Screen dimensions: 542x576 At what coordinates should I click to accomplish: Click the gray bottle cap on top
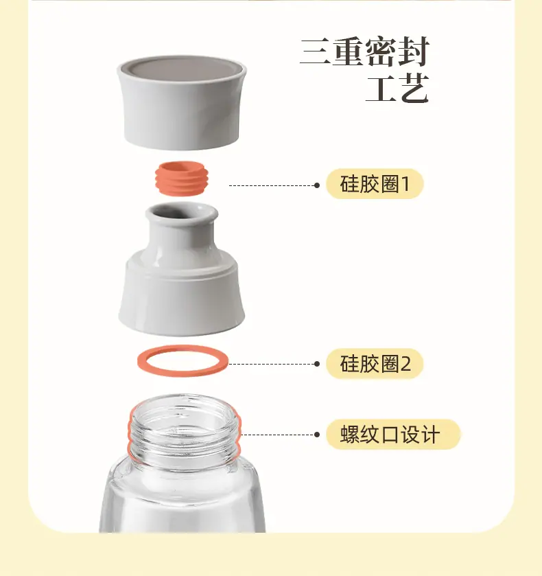click(182, 103)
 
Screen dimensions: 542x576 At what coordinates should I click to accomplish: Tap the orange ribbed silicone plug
click(182, 178)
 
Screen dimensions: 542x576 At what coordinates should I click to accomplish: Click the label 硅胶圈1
click(375, 184)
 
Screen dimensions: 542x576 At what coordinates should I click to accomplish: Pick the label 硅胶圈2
click(375, 364)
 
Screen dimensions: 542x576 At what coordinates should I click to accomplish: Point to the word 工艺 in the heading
click(397, 88)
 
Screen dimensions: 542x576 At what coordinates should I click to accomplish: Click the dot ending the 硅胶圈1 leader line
click(317, 185)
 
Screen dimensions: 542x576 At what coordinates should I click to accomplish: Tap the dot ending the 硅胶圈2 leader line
click(317, 364)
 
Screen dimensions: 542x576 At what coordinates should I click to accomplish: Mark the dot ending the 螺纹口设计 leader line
click(317, 435)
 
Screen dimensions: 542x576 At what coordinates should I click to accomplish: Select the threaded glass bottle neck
click(184, 430)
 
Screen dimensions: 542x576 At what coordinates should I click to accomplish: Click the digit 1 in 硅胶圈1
click(405, 184)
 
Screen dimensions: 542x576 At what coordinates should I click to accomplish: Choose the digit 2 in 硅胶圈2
click(405, 364)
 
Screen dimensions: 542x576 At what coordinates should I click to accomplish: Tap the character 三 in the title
click(315, 51)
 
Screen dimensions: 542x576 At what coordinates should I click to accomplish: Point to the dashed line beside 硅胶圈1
click(272, 185)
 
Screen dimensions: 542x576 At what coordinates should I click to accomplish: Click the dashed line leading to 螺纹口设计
click(278, 435)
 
